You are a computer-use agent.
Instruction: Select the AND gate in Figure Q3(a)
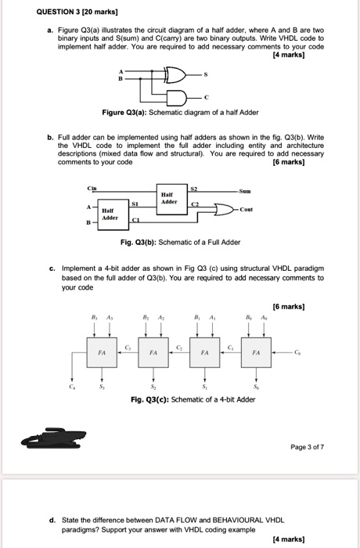(x=177, y=98)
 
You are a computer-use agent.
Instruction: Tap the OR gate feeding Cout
(x=224, y=209)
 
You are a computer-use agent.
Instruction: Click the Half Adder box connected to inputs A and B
(x=113, y=215)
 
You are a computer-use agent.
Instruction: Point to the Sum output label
(x=245, y=191)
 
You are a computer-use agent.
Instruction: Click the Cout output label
(x=246, y=209)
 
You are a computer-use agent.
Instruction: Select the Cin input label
(x=92, y=189)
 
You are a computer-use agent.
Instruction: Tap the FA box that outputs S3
(x=102, y=352)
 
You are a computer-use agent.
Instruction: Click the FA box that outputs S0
(x=256, y=352)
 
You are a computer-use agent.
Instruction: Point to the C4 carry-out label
(x=72, y=387)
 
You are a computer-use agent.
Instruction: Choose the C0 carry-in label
(x=297, y=352)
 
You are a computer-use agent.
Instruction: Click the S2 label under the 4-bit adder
(x=153, y=387)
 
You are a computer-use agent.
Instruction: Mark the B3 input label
(x=94, y=318)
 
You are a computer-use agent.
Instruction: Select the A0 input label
(x=264, y=318)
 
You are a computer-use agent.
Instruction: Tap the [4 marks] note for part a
(x=288, y=55)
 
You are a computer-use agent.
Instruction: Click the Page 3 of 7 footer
(x=308, y=447)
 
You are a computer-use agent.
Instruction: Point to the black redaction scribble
(x=53, y=438)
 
